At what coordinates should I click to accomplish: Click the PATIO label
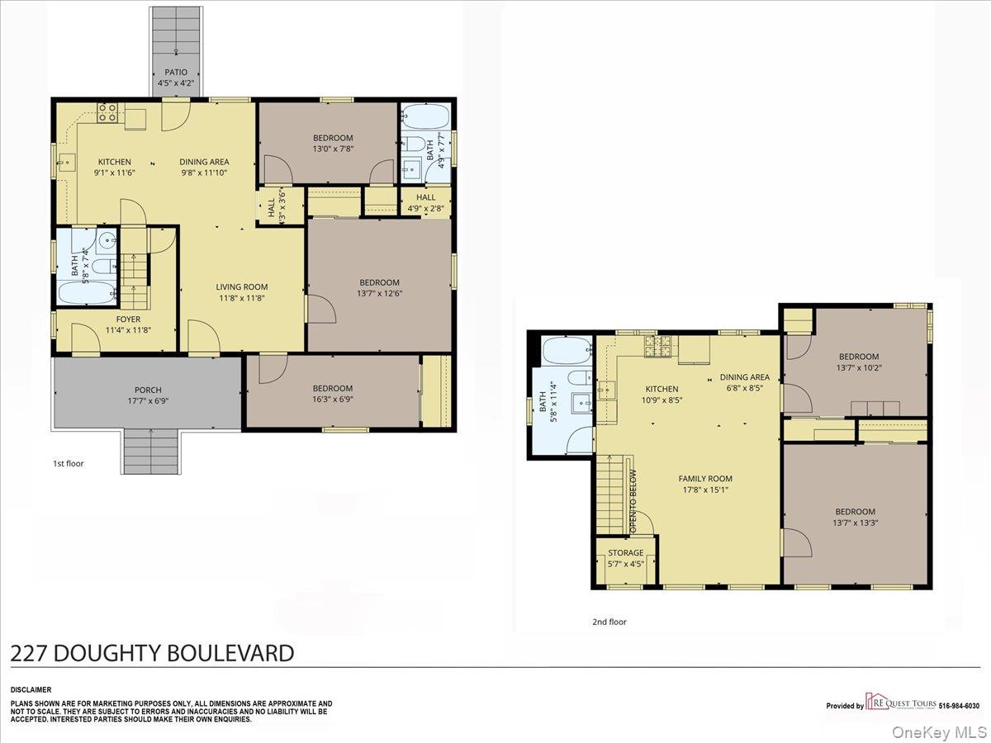click(x=176, y=72)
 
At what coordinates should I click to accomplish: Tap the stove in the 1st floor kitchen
click(x=108, y=112)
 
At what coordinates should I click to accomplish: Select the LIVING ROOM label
click(x=241, y=287)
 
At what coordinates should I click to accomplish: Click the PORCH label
click(x=148, y=390)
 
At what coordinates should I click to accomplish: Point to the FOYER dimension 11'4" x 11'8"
click(x=128, y=330)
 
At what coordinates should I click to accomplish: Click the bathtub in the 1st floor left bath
click(x=88, y=293)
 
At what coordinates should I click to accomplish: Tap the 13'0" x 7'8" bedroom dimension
click(x=333, y=149)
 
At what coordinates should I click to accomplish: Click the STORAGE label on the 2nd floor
click(x=626, y=552)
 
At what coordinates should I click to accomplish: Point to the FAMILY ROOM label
click(x=705, y=479)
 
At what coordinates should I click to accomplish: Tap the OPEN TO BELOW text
click(x=633, y=501)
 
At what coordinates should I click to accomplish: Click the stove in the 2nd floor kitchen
click(x=658, y=347)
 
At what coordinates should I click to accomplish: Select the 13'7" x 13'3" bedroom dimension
click(x=855, y=523)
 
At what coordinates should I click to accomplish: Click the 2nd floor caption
click(x=609, y=622)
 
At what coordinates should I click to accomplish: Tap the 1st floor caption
click(x=69, y=464)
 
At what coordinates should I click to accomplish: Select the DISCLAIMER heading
click(x=31, y=690)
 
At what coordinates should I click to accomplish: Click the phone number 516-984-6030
click(x=959, y=706)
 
